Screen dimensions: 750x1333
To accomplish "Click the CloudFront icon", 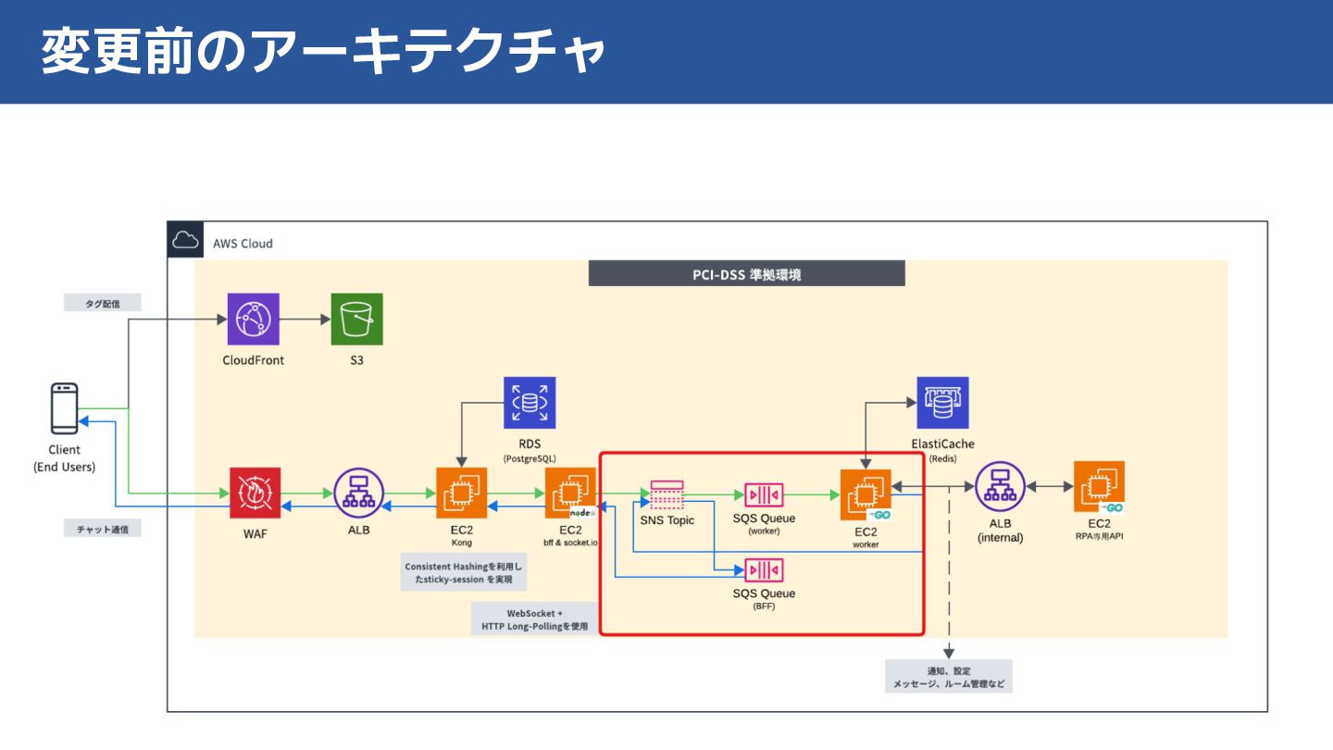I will point(254,319).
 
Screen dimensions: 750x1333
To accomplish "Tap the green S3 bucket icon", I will point(356,319).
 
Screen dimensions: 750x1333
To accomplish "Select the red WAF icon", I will point(255,493).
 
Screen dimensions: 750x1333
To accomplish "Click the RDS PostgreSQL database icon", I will point(529,403).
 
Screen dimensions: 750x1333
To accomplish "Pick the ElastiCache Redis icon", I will point(942,403).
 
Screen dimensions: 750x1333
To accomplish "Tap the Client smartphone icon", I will point(65,408).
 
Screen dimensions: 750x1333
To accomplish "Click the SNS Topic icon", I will point(666,494).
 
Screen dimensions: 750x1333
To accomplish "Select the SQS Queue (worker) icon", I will point(764,495).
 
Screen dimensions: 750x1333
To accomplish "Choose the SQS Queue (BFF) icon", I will point(764,569).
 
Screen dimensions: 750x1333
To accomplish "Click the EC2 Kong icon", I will point(461,494).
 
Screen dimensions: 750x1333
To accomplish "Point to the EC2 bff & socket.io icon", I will point(570,494).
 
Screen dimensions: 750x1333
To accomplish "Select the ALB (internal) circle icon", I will point(1000,487).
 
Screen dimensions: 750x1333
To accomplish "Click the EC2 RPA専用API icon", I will point(1100,487).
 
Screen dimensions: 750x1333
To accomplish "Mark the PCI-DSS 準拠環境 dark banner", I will point(746,273).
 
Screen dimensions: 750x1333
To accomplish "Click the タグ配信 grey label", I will point(103,303).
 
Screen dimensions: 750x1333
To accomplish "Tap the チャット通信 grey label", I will point(103,529).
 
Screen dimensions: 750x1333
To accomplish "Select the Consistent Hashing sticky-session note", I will point(463,573).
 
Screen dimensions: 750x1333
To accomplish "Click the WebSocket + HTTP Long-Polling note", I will point(534,619).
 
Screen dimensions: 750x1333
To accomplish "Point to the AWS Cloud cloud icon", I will point(185,243).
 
